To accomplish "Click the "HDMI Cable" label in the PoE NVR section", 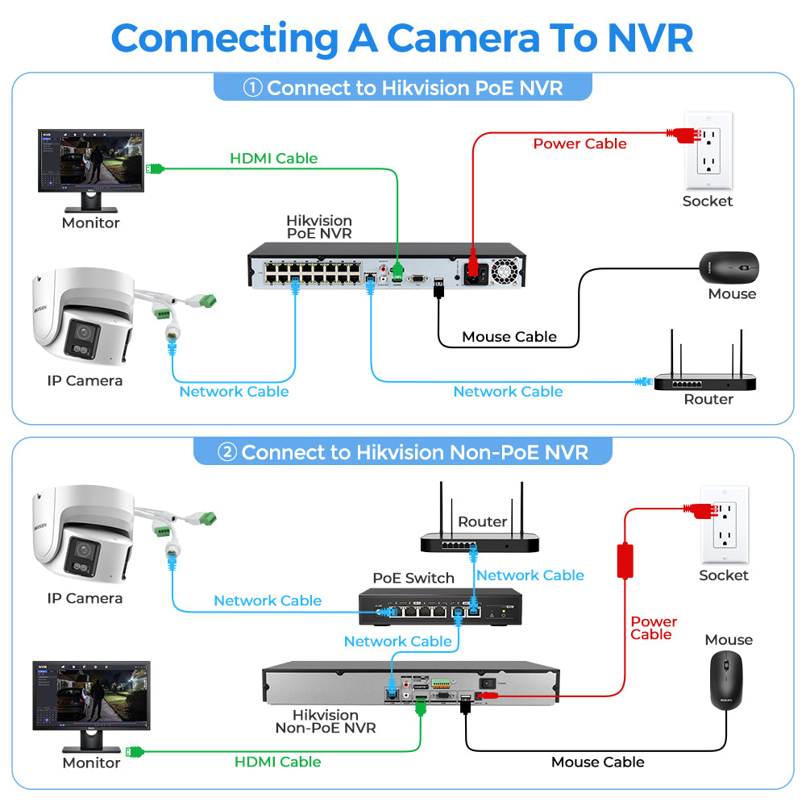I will pos(273,158).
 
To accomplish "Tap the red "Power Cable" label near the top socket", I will pos(580,143).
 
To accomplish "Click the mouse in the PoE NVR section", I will pos(729,265).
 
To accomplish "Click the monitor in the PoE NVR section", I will pos(90,165).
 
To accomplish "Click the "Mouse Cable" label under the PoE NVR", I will pos(509,337).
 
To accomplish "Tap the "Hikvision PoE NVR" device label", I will pos(319,227).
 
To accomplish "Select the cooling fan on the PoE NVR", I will pos(505,270).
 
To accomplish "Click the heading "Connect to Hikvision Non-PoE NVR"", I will pos(403,452).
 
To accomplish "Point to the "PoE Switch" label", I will pos(413,578).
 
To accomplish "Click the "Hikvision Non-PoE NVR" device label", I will pos(325,721).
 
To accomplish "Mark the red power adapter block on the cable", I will pos(625,561).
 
